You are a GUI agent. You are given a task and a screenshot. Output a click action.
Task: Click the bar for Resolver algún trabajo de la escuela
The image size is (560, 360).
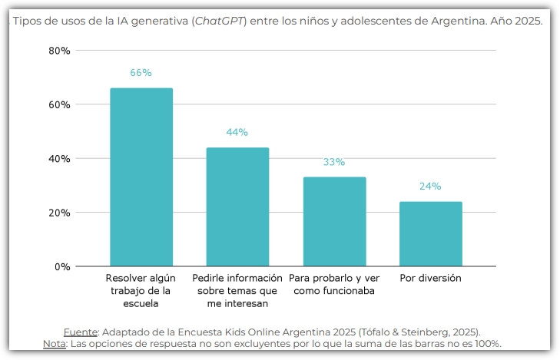click(141, 177)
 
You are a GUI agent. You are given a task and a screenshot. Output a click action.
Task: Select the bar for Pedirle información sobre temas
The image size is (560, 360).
click(237, 207)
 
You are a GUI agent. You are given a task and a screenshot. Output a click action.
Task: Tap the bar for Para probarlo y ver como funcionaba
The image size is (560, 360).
click(334, 222)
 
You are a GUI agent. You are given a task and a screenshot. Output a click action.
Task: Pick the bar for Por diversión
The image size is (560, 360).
click(430, 234)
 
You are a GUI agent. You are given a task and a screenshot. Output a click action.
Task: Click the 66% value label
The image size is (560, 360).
click(141, 73)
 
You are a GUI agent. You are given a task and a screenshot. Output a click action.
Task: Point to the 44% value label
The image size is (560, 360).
click(237, 132)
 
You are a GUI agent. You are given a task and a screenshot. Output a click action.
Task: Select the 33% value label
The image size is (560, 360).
click(334, 162)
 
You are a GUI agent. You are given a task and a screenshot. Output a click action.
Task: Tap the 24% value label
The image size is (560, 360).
click(430, 187)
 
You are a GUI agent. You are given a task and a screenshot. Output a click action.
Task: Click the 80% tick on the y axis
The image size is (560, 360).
click(59, 51)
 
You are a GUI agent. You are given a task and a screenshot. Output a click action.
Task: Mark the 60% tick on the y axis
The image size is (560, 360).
click(59, 104)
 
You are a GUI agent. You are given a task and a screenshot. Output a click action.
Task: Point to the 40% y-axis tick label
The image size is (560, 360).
click(59, 159)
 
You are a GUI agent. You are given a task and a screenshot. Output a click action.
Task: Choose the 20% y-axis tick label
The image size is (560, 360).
click(59, 213)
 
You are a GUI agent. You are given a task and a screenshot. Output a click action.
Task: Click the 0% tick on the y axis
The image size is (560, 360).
click(62, 266)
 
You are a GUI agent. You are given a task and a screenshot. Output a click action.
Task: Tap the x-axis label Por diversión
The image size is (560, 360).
click(430, 278)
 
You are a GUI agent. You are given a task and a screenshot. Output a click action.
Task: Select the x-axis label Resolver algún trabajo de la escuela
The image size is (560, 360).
click(141, 291)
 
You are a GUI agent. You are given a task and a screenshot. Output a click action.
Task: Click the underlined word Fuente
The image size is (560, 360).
click(81, 332)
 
